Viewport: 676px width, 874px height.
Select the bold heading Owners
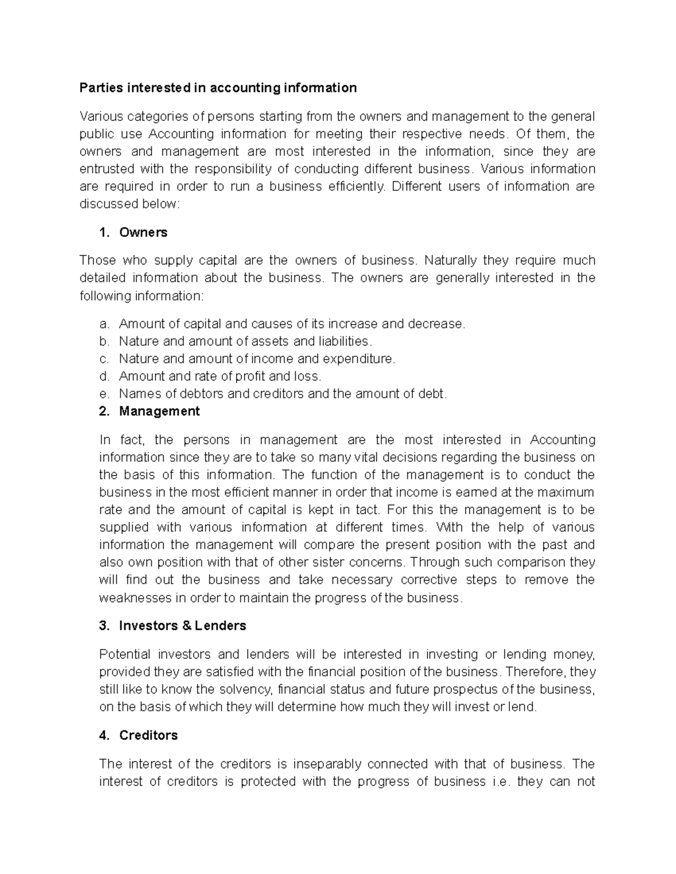143,232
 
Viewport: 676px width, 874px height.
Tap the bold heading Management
159,411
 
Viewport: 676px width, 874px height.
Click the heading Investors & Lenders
183,626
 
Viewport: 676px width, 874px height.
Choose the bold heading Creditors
148,736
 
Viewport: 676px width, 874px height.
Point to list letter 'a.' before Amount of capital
103,324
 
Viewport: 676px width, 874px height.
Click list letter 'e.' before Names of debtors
103,394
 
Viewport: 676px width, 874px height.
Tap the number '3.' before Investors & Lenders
104,626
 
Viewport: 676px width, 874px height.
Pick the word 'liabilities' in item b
343,342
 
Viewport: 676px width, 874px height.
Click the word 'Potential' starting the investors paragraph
124,655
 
